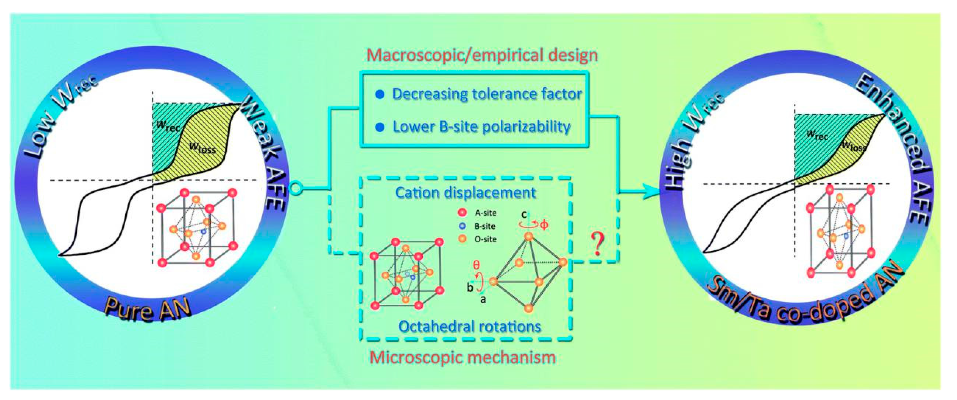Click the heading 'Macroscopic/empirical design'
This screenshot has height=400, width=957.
[482, 55]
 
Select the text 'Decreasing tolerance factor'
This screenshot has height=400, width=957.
[487, 94]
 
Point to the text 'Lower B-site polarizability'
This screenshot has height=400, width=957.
[481, 127]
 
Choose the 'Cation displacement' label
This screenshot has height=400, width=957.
[465, 193]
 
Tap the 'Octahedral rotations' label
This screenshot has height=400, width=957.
[470, 327]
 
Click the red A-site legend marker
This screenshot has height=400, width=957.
[462, 213]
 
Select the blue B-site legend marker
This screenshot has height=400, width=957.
[462, 226]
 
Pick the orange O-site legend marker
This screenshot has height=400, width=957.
[462, 239]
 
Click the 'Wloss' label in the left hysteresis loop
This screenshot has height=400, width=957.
[203, 148]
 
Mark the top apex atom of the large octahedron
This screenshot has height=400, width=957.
[529, 237]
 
